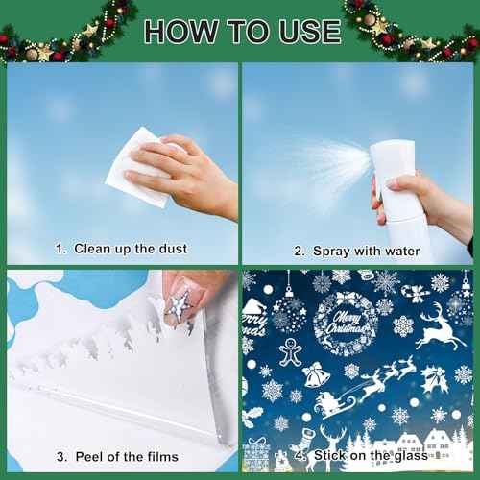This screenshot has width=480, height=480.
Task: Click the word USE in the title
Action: coord(303,31)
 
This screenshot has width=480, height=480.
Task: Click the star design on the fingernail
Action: coord(180,305)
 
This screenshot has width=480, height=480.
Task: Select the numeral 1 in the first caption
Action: coord(60,249)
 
